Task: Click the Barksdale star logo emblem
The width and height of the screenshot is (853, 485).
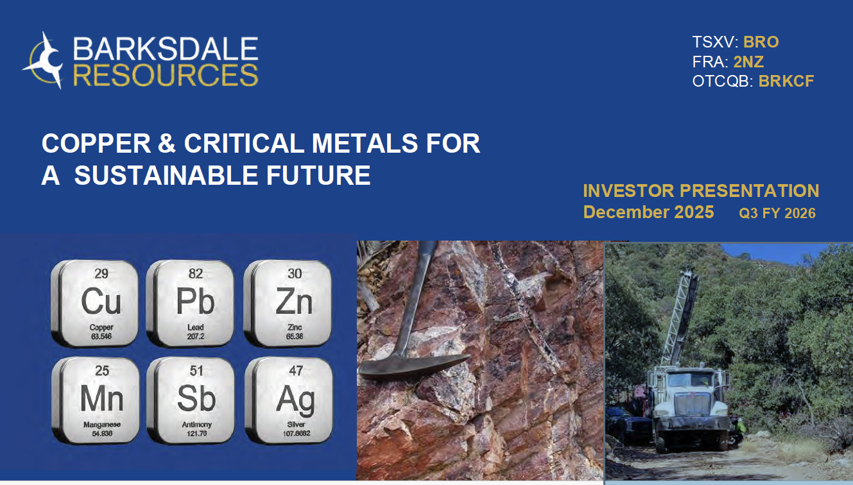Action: tap(44, 61)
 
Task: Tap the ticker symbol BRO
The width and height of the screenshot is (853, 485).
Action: tap(761, 42)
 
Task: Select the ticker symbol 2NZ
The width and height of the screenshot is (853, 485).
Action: tap(748, 62)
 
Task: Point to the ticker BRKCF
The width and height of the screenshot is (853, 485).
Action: tap(786, 81)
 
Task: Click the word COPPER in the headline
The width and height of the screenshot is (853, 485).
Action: tap(96, 144)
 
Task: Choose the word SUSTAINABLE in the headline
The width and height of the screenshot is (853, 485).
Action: tap(164, 176)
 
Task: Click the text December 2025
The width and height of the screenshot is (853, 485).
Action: tap(648, 212)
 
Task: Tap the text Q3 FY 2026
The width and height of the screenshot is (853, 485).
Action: tap(777, 213)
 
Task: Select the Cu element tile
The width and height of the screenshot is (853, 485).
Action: tap(95, 303)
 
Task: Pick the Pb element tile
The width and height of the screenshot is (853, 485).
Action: tap(191, 303)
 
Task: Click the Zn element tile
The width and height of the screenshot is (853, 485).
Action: tap(288, 303)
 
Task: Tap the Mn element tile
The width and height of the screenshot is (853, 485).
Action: tap(96, 400)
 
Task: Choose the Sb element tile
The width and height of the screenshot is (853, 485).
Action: tap(191, 400)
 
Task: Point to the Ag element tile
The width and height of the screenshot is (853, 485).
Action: tap(289, 400)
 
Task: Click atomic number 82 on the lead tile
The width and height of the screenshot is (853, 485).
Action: tap(195, 273)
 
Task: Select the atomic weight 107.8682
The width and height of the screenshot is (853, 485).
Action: tap(297, 433)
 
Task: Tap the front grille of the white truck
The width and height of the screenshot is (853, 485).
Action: tap(693, 404)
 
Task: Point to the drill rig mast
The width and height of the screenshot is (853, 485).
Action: tap(680, 317)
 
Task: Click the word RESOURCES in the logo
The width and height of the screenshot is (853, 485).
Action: tap(166, 75)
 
